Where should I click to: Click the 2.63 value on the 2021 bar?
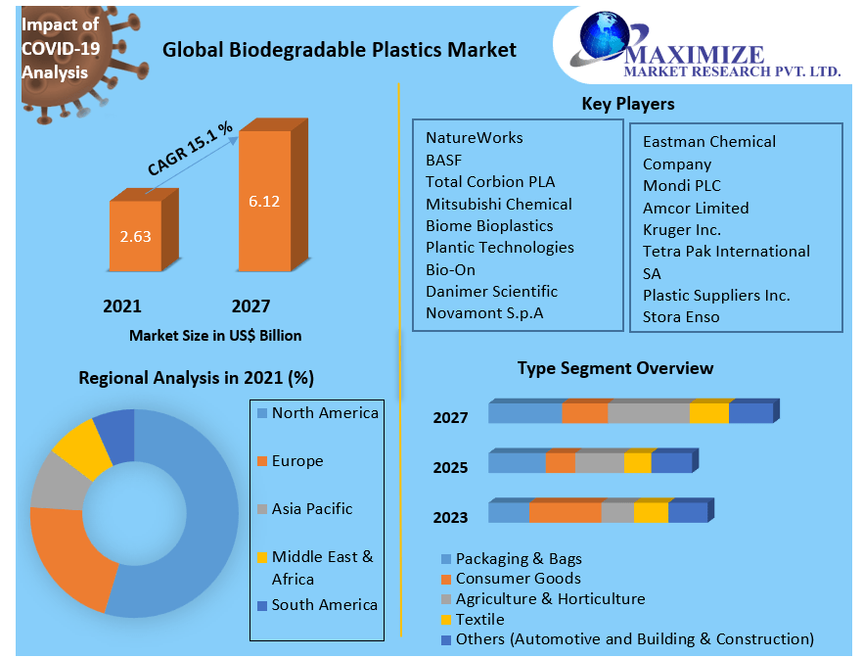tap(135, 236)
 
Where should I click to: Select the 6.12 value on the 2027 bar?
tap(264, 202)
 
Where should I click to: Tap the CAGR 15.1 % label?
tap(190, 149)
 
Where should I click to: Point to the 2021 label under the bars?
tap(122, 306)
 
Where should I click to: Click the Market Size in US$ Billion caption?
tap(215, 335)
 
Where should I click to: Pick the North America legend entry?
tap(324, 413)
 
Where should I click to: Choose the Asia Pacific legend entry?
tap(311, 509)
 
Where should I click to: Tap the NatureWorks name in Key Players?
tap(474, 138)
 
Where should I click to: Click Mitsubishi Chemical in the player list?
tap(498, 204)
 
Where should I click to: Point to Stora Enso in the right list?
tap(681, 316)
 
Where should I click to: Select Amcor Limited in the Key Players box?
tap(696, 208)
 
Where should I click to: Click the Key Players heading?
tap(627, 104)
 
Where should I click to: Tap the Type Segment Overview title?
tap(614, 368)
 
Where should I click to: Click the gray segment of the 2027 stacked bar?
tap(648, 413)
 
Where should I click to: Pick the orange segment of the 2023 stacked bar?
tap(565, 512)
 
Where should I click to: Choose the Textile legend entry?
tap(479, 619)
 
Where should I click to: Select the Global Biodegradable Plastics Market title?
tap(339, 49)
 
